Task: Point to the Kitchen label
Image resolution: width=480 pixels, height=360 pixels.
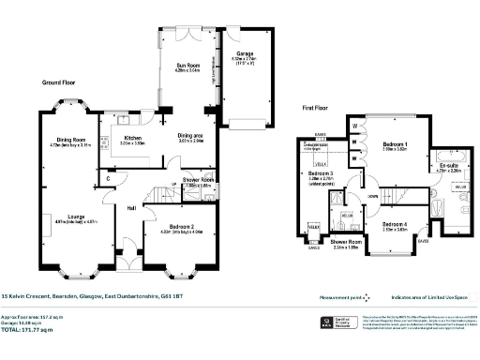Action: [x=133, y=138]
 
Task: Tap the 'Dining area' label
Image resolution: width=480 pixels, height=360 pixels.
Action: [x=191, y=135]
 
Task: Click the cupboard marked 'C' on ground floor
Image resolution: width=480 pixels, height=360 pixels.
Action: [x=109, y=178]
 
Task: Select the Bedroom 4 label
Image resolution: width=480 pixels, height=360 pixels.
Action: [x=396, y=224]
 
